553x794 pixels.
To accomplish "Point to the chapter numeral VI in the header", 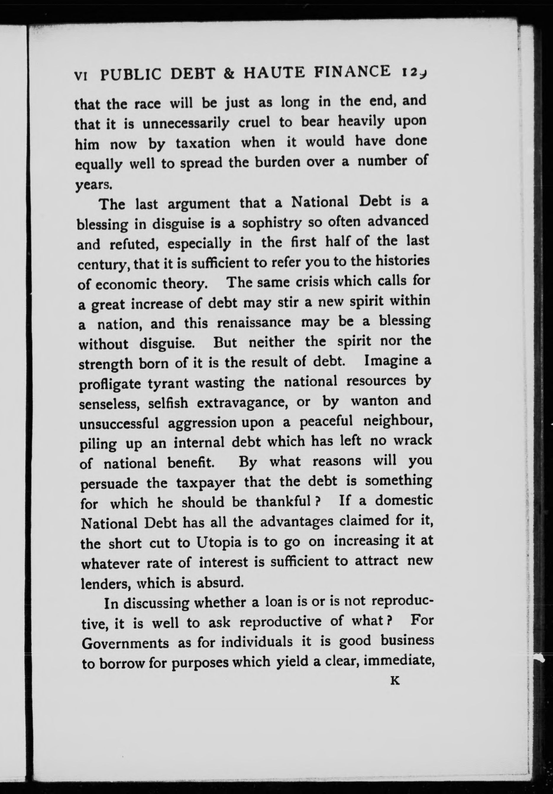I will pyautogui.click(x=82, y=76).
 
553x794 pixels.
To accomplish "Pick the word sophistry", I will pyautogui.click(x=272, y=223).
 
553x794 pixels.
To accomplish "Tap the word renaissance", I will pyautogui.click(x=254, y=323).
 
